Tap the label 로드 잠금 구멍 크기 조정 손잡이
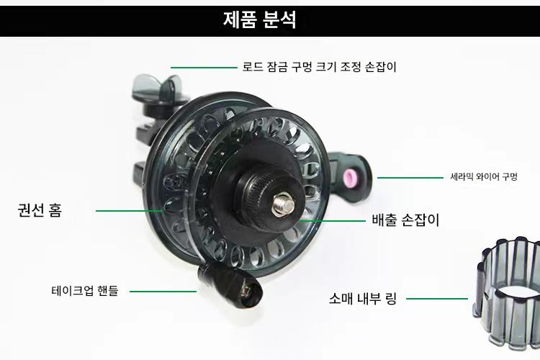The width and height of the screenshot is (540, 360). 319,67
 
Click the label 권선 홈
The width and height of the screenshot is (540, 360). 40,211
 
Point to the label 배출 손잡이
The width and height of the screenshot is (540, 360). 405,220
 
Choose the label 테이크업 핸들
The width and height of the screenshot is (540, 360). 85,291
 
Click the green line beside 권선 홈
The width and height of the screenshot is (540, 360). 130,211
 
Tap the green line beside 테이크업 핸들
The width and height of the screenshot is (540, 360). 163,291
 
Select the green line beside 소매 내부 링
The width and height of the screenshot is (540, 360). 442,297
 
